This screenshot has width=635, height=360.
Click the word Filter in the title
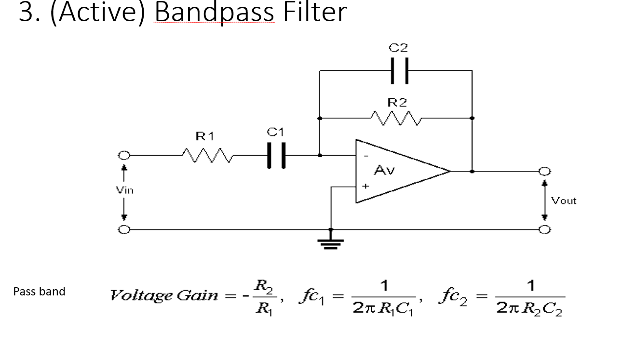click(x=315, y=13)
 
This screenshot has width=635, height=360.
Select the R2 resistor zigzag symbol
click(x=397, y=117)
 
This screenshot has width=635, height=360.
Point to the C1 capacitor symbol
click(x=276, y=156)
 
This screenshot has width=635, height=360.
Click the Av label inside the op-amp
click(x=384, y=170)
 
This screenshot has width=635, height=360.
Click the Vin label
click(x=124, y=190)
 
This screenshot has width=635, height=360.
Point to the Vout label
click(x=564, y=200)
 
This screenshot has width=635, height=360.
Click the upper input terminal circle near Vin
click(x=124, y=156)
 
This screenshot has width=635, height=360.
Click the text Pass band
click(x=39, y=292)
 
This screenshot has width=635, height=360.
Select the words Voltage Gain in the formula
click(x=164, y=295)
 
